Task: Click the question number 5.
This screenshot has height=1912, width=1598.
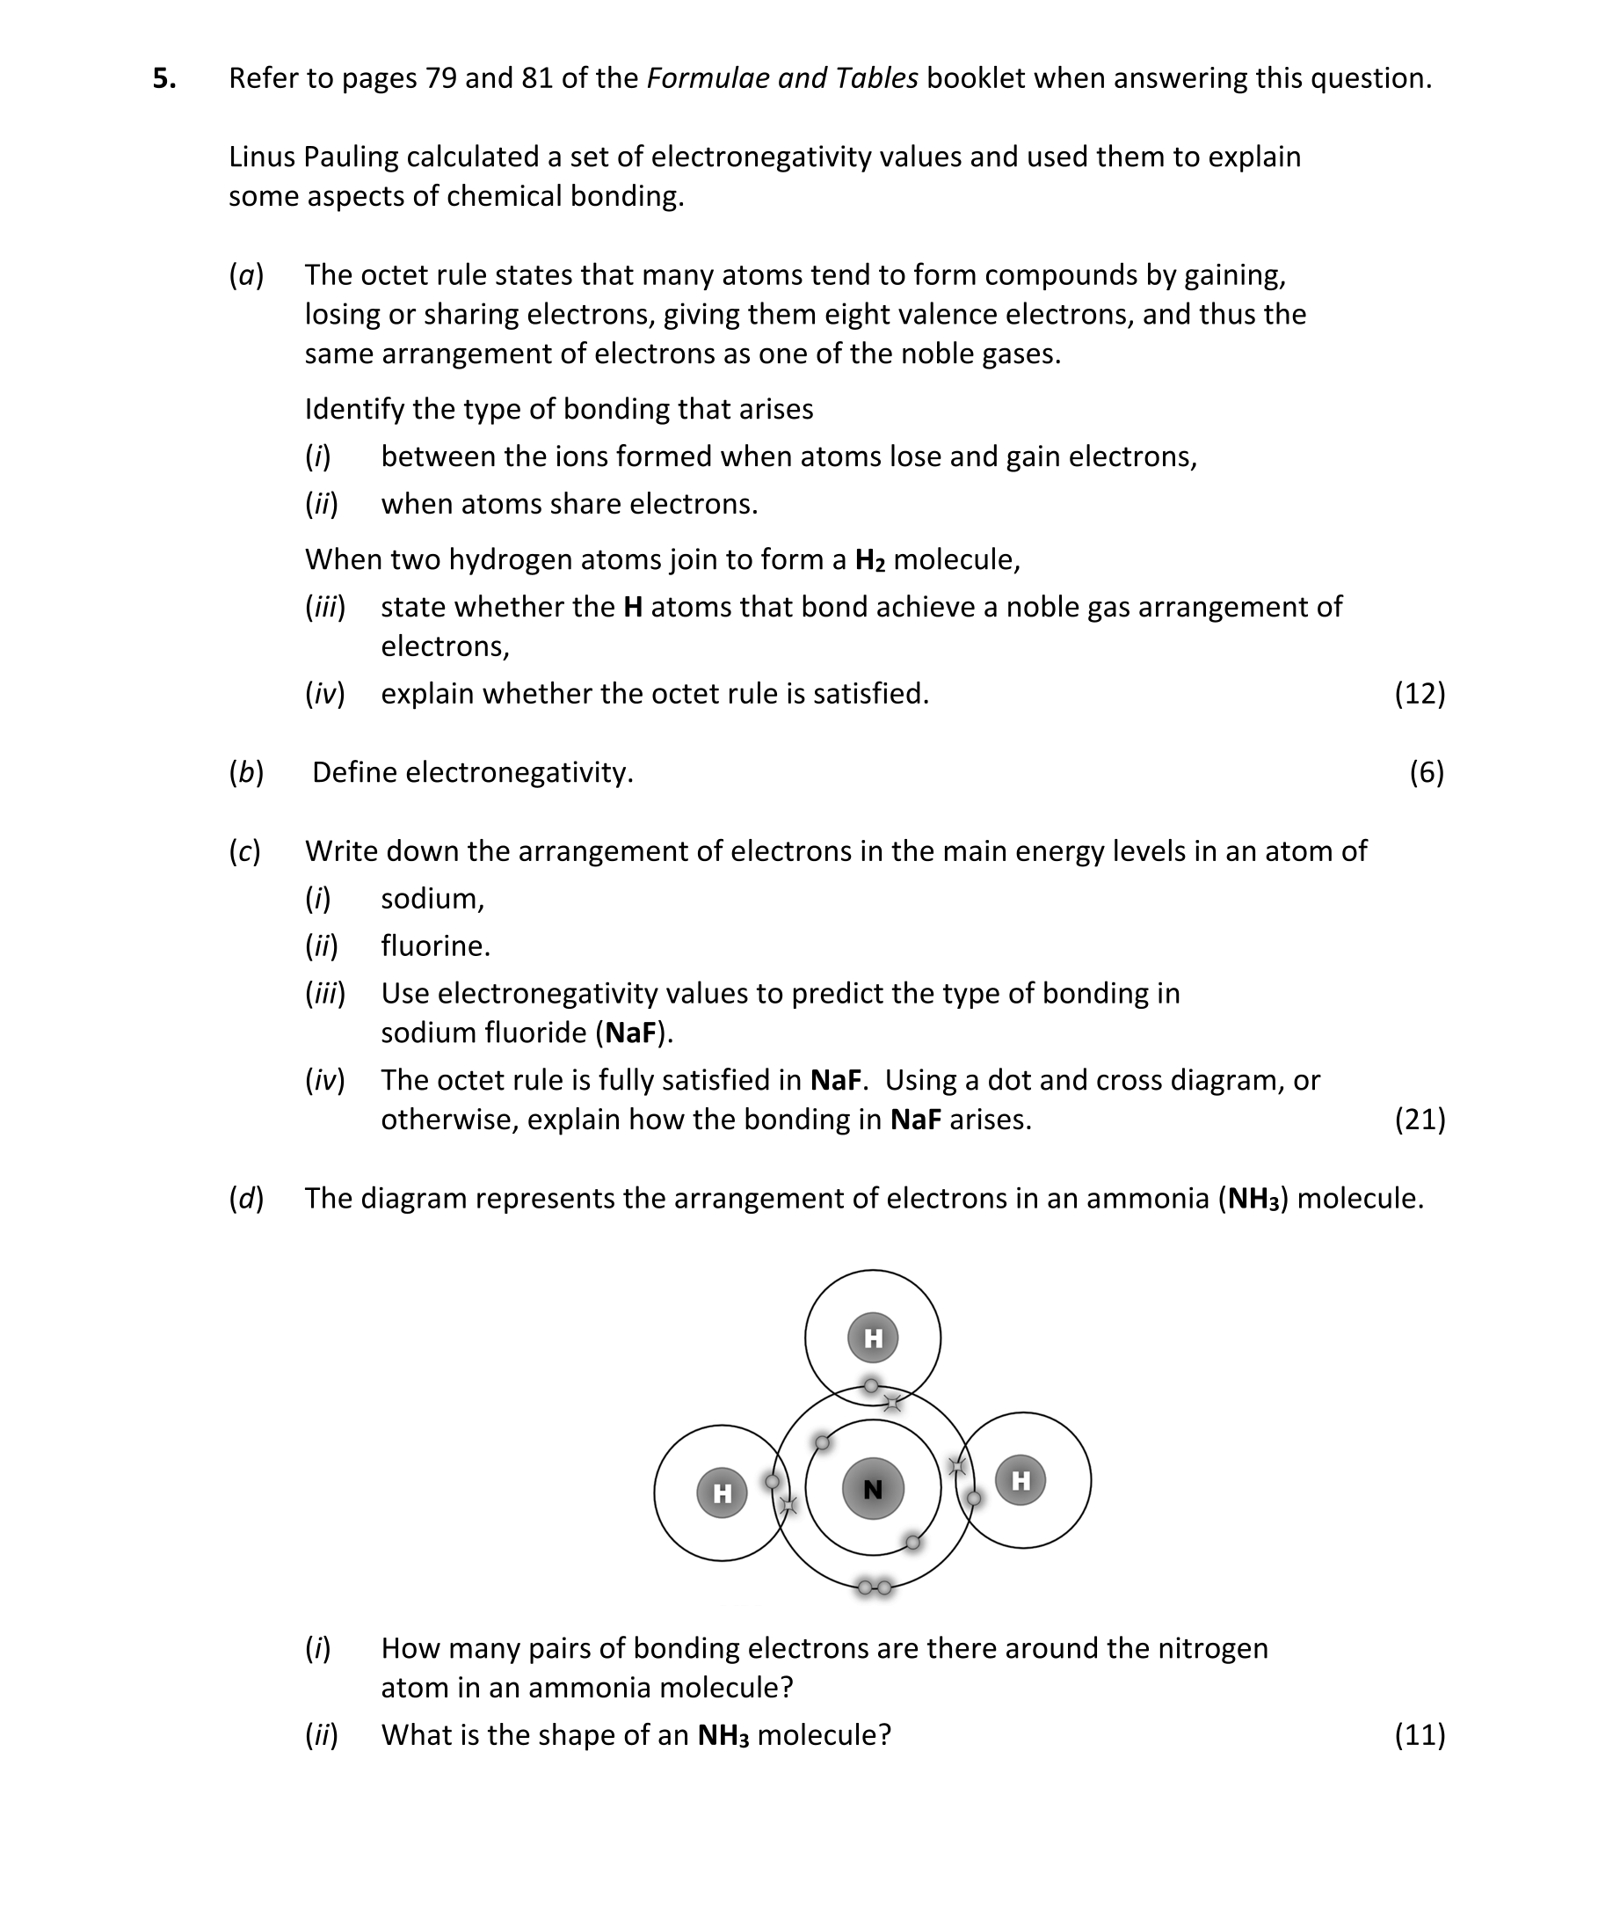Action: click(163, 79)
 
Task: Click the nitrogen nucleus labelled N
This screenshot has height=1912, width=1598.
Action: click(873, 1489)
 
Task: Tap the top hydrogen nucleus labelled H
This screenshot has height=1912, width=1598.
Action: click(873, 1338)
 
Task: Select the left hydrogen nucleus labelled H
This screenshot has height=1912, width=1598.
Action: click(722, 1492)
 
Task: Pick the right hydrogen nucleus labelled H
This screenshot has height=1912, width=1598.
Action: click(1021, 1480)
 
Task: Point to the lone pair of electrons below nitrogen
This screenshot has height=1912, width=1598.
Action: click(875, 1587)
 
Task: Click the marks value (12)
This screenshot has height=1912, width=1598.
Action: click(1419, 694)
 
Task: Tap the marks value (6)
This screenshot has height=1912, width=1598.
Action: click(1426, 772)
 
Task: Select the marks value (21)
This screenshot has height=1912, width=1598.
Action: click(1419, 1119)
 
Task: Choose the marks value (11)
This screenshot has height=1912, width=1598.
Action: click(1419, 1734)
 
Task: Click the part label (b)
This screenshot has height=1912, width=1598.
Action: click(246, 772)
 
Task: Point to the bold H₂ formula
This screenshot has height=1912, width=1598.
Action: click(870, 559)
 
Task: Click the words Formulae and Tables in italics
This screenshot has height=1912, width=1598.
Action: click(781, 78)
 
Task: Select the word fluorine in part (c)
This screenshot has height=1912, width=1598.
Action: click(435, 946)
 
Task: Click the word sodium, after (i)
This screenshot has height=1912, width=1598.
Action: click(432, 899)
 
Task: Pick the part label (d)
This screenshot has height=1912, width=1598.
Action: click(246, 1198)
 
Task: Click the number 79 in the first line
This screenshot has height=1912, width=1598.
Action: click(440, 78)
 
